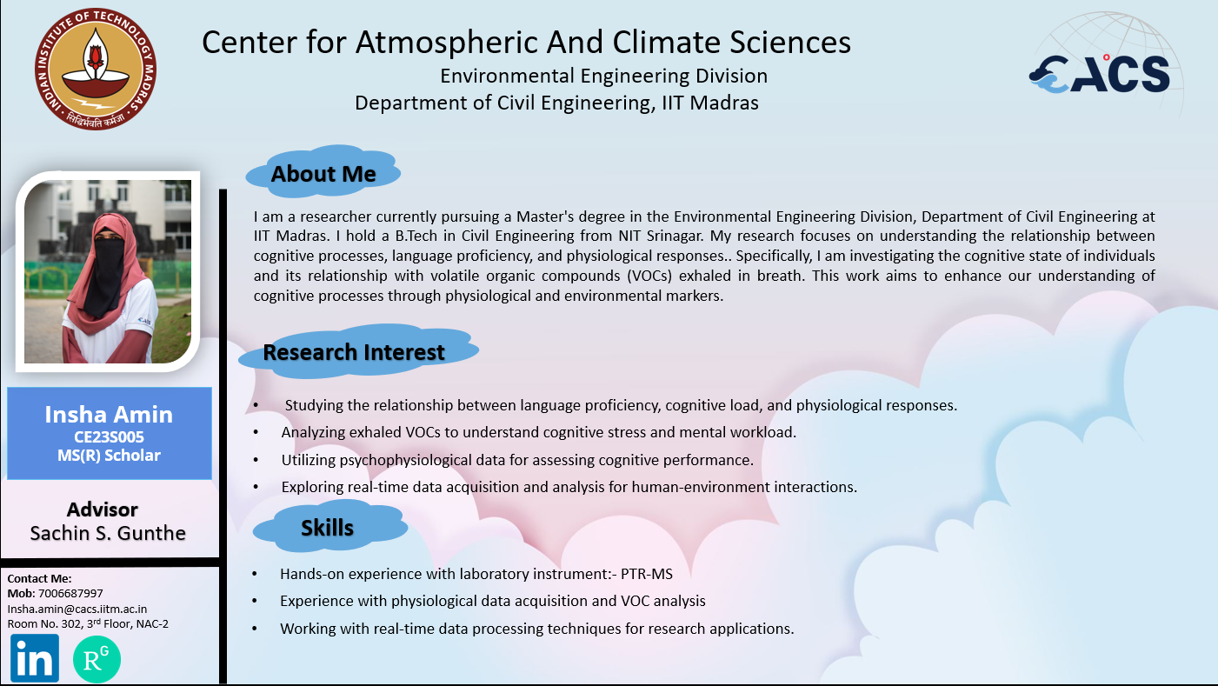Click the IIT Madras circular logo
coord(96,69)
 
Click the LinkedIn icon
coord(35,658)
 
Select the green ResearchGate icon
coord(97,659)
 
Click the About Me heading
coord(323,174)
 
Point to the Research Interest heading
coord(354,352)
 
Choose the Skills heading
coord(328,528)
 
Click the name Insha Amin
coord(109,415)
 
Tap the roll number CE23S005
coord(109,436)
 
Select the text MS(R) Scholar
coord(109,456)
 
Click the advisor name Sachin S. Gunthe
coord(108,533)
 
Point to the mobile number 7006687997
coord(70,594)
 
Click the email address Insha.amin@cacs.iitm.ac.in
coord(77,609)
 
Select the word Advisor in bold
coord(103,510)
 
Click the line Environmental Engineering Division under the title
coord(603,77)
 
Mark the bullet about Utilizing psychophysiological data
coord(517,460)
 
